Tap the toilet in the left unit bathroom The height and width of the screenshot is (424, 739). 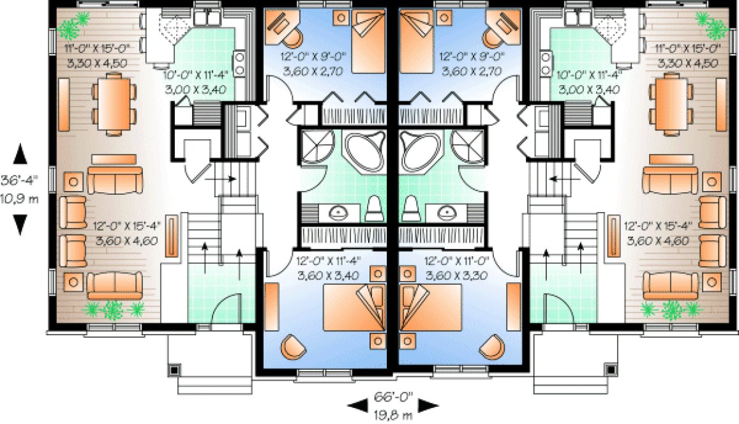pos(374,208)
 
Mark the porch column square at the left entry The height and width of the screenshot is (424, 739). pos(174,369)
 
